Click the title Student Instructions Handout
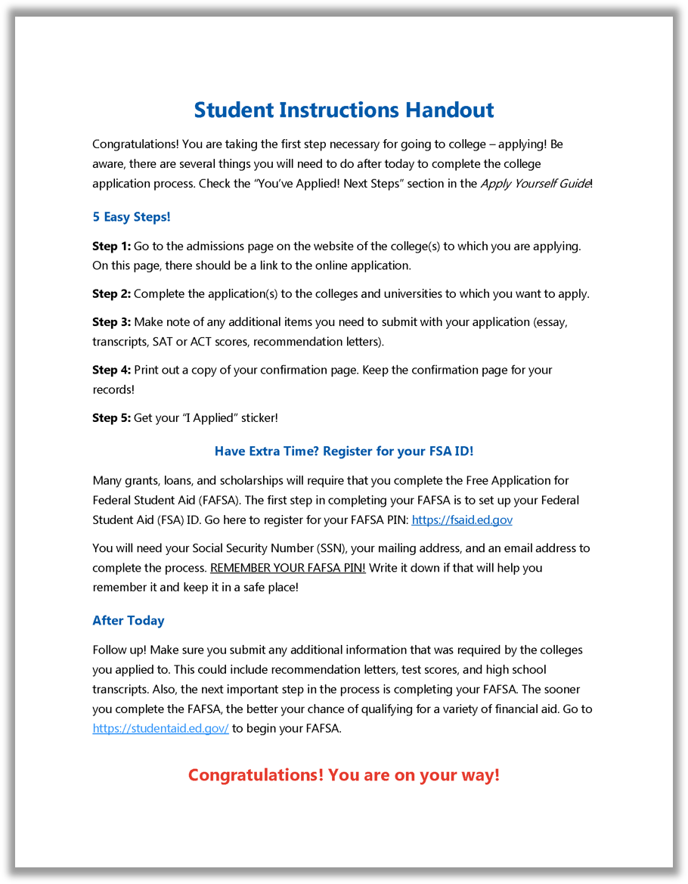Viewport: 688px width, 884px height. (344, 110)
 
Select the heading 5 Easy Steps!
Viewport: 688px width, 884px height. (132, 217)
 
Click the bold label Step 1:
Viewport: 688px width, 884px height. (111, 247)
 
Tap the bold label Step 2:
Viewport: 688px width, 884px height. (111, 294)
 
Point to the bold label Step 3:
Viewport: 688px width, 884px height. (111, 322)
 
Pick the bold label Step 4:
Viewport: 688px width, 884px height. (111, 371)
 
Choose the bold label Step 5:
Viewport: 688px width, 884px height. (111, 418)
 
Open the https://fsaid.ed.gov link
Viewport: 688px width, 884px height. (462, 520)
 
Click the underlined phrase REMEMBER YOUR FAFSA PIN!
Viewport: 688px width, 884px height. (287, 568)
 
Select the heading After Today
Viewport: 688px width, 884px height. (128, 621)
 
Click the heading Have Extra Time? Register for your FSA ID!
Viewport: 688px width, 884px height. (344, 451)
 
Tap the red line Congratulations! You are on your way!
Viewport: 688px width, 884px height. (344, 775)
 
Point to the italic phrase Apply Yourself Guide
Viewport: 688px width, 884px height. (535, 184)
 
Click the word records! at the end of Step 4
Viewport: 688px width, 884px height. (113, 390)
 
